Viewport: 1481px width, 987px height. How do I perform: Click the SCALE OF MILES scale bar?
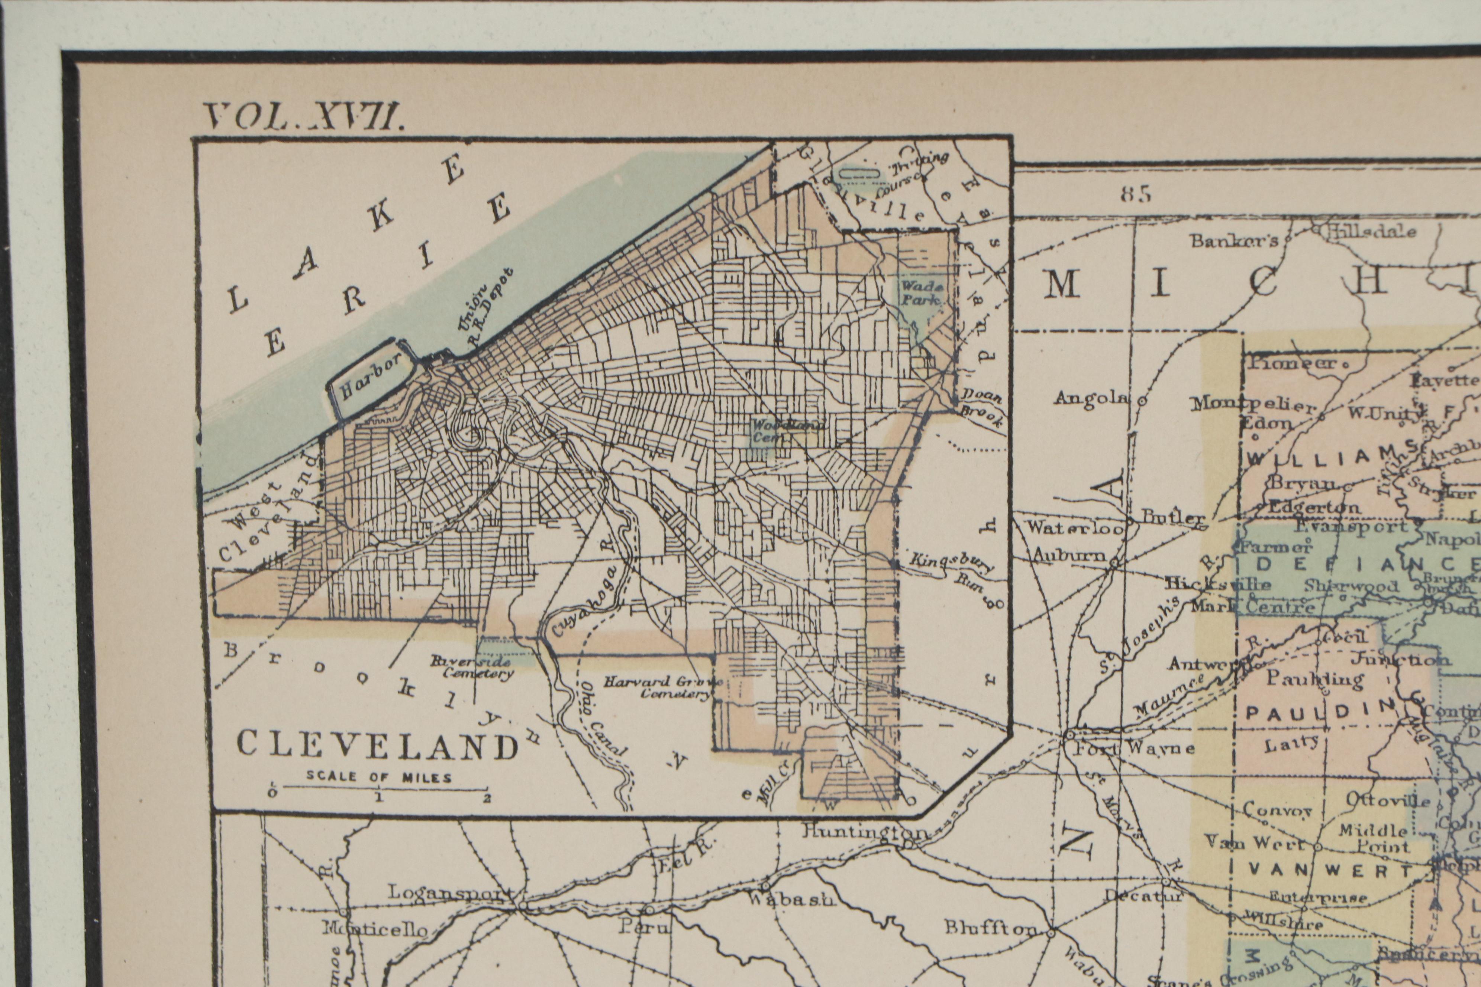[x=379, y=786]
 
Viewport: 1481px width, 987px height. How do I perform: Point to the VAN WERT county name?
[x=1329, y=871]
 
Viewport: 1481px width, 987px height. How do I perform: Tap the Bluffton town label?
[x=990, y=927]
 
